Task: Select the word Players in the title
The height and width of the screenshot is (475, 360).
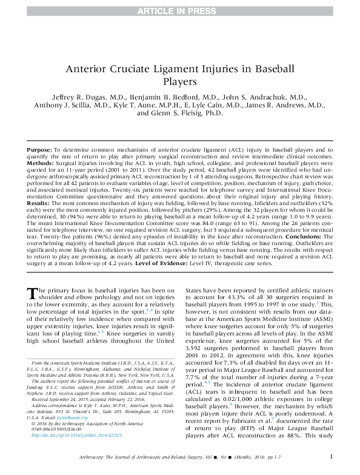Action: click(180, 81)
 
